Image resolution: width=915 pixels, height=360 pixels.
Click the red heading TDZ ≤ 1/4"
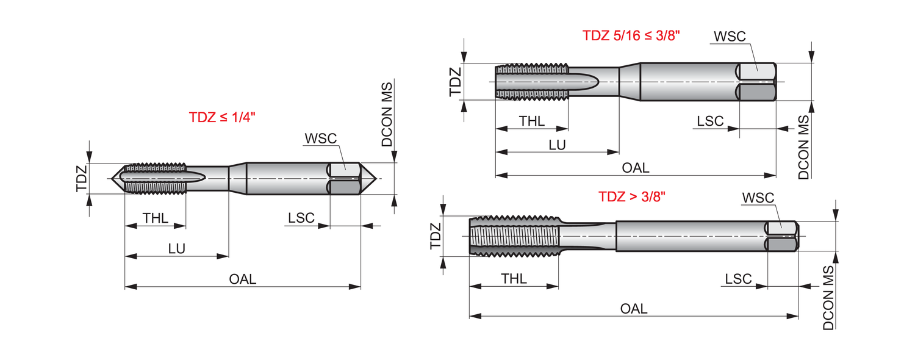point(222,118)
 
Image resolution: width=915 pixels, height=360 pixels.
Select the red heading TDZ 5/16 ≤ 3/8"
point(631,35)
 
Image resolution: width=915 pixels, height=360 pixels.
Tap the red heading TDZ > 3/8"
point(631,196)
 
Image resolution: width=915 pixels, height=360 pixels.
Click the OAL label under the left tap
point(243,279)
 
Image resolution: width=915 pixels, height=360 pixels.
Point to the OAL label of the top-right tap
point(636,168)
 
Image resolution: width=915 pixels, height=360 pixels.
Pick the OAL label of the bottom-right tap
point(634,309)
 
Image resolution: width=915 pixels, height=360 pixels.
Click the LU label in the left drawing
point(177,249)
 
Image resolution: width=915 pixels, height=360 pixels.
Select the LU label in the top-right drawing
point(557,145)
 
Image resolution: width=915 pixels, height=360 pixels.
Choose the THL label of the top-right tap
point(532,121)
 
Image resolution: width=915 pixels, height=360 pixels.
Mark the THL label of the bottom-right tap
point(514,279)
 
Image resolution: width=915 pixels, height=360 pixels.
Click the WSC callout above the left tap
point(320,139)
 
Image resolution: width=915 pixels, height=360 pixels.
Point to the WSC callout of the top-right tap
point(730,36)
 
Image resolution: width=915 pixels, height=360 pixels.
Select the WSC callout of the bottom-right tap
point(758,198)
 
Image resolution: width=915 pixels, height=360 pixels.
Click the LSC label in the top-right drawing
point(710,121)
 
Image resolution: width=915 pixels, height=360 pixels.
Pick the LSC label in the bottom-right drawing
point(738,279)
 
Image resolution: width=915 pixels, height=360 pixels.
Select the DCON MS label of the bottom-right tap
point(828,298)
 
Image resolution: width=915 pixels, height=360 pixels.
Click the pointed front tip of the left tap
point(114,179)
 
